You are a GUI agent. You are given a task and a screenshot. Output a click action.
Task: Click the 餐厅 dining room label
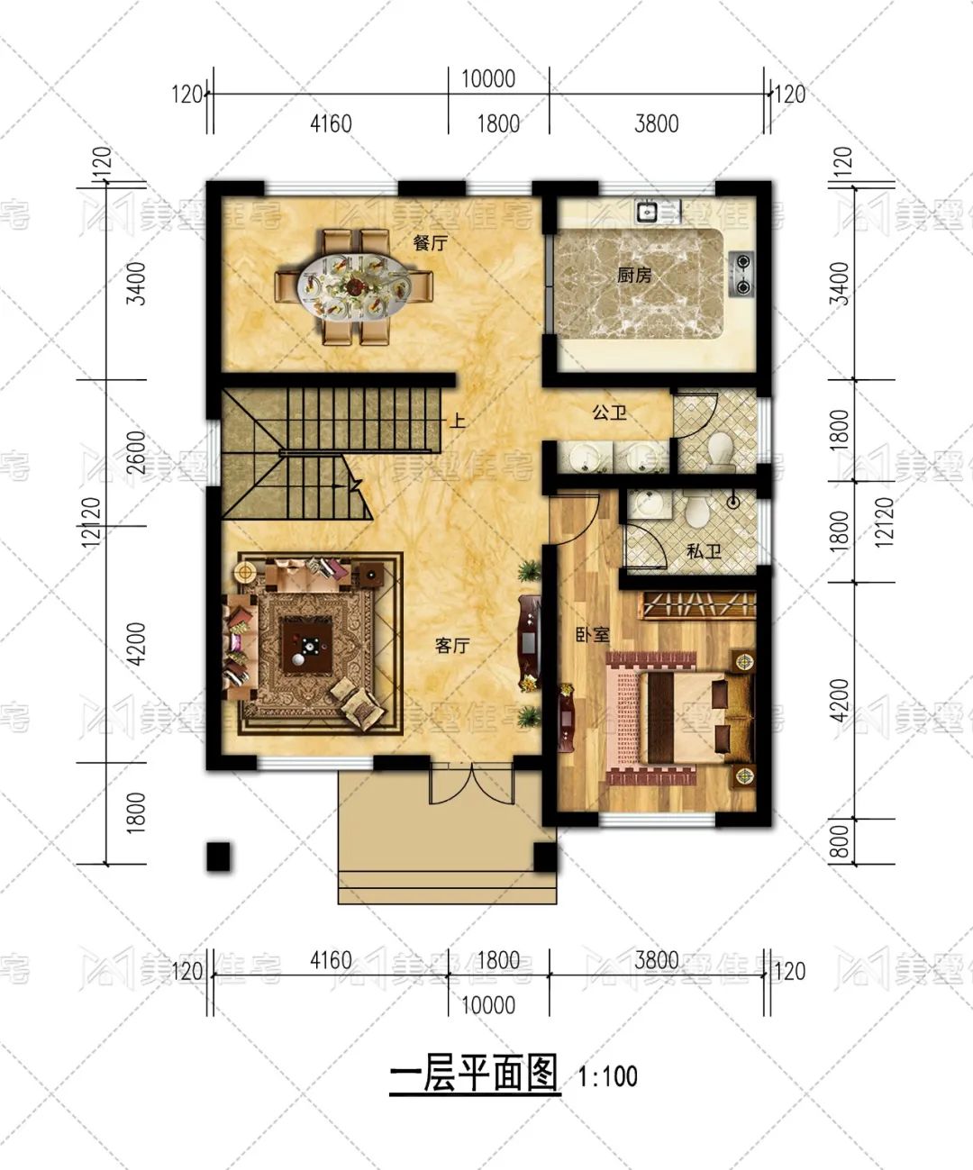[430, 243]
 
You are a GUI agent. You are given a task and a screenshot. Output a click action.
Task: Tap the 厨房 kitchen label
[634, 275]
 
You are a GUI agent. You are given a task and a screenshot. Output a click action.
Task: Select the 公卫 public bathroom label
[609, 413]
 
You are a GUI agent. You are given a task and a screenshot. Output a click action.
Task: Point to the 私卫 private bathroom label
[703, 551]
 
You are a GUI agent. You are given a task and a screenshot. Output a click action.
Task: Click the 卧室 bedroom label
[592, 635]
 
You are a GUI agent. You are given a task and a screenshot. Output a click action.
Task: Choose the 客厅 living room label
[451, 646]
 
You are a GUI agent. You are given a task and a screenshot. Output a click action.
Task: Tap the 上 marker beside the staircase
[458, 421]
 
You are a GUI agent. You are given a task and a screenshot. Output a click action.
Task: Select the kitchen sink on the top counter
[646, 213]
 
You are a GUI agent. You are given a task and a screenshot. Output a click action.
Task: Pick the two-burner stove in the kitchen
[741, 274]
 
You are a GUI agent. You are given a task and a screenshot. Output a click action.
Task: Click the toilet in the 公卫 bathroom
[720, 448]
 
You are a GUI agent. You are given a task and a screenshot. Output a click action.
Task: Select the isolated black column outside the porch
[219, 857]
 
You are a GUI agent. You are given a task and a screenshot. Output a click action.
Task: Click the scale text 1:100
[607, 1076]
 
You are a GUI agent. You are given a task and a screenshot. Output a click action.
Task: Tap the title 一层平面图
[474, 1075]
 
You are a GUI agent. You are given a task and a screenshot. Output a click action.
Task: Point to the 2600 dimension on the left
[135, 452]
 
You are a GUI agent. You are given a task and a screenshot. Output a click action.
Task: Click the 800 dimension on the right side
[838, 842]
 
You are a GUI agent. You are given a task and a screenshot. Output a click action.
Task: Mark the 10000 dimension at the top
[488, 78]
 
